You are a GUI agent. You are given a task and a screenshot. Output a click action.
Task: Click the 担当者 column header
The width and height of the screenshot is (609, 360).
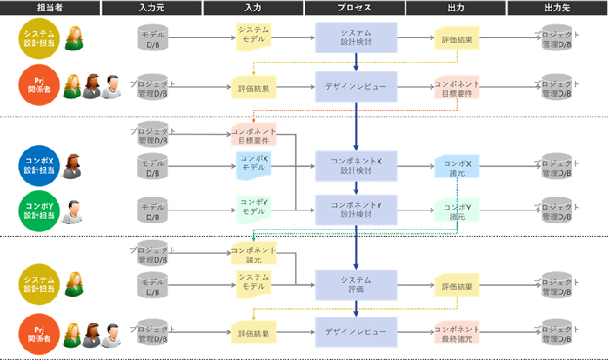(49, 8)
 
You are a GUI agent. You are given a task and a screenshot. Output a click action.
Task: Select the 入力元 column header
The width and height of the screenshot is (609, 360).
(151, 8)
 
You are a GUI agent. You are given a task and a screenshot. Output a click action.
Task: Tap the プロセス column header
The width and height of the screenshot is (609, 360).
(355, 8)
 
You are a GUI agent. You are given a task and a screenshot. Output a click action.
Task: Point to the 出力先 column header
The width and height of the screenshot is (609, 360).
(558, 8)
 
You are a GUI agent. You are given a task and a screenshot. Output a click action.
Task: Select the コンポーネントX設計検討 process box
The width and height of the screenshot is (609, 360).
(355, 166)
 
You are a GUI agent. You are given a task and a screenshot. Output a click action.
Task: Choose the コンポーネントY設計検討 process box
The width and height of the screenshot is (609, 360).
(355, 209)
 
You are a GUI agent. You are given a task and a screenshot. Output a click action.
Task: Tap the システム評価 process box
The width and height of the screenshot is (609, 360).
(355, 285)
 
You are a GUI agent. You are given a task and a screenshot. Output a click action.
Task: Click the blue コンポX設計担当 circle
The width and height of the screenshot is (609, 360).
(39, 166)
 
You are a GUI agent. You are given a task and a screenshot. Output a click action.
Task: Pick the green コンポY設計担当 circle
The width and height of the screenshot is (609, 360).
(39, 210)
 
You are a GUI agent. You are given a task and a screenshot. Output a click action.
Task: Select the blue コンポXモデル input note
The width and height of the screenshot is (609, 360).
(253, 163)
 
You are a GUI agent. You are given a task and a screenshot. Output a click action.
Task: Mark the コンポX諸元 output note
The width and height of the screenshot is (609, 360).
(457, 166)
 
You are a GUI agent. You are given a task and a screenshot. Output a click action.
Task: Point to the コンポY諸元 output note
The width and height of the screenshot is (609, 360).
(457, 210)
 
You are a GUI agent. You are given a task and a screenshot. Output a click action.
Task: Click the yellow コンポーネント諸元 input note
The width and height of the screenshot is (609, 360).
(253, 253)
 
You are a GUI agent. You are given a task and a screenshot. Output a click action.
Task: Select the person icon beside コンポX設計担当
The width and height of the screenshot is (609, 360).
(73, 164)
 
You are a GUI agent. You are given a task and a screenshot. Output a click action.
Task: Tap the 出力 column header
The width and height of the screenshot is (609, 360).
(456, 8)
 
